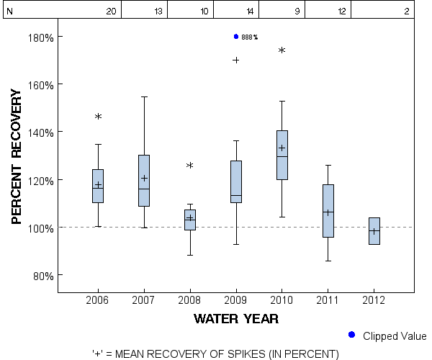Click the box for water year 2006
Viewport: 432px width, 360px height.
coord(98,186)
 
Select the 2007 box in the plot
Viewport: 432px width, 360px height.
coord(144,180)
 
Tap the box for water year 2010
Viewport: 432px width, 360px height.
coord(282,155)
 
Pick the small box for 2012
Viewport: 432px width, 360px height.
coord(374,231)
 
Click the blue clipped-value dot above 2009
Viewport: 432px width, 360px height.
coord(236,37)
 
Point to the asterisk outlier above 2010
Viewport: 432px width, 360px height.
coord(282,51)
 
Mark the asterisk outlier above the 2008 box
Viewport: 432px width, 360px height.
coord(190,166)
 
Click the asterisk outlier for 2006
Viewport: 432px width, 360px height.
coord(98,117)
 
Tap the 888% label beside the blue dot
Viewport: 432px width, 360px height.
coord(249,37)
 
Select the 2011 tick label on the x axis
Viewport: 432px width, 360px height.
coord(328,299)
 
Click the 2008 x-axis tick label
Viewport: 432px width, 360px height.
coord(190,299)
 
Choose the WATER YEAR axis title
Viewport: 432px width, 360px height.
coord(236,318)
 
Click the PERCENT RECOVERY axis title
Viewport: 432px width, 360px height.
coord(17,156)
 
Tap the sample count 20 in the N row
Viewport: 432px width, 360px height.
coord(111,12)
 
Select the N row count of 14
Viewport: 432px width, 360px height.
coord(250,12)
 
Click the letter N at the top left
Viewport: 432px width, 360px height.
coord(9,12)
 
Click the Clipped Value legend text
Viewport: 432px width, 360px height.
coord(395,336)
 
